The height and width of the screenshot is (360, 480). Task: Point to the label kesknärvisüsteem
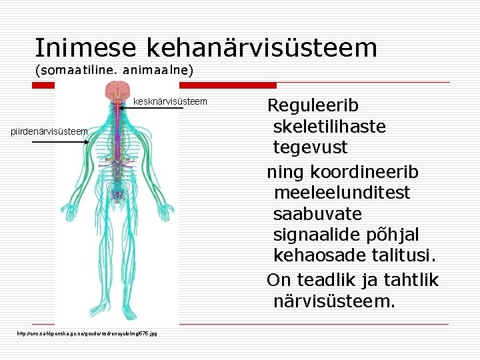(171, 101)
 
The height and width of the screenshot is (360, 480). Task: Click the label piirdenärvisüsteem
(49, 131)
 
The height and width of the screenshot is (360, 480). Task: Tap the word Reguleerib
(313, 105)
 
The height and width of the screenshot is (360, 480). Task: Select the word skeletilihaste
(329, 126)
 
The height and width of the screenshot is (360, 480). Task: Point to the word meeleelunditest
(341, 193)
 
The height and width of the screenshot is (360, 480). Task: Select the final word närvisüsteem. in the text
(334, 302)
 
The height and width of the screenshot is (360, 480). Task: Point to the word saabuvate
(317, 214)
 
